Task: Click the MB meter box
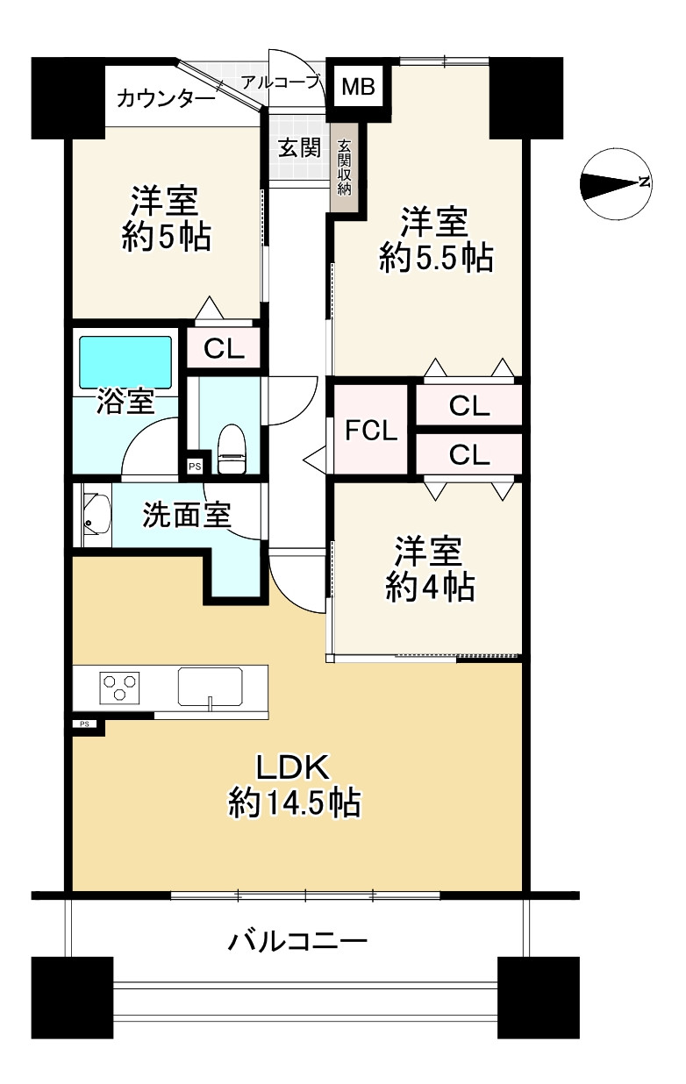click(358, 86)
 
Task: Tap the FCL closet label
click(371, 431)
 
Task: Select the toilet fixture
click(231, 449)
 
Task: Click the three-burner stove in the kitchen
click(119, 687)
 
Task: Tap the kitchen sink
click(211, 686)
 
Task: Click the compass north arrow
click(614, 182)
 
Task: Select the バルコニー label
click(297, 943)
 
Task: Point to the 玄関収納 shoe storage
click(345, 168)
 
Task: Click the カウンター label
click(166, 97)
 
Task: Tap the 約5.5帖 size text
click(436, 259)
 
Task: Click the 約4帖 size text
click(431, 587)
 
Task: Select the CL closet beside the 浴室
click(225, 349)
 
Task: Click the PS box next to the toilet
click(194, 467)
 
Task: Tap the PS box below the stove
click(85, 724)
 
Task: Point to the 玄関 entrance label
click(300, 148)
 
